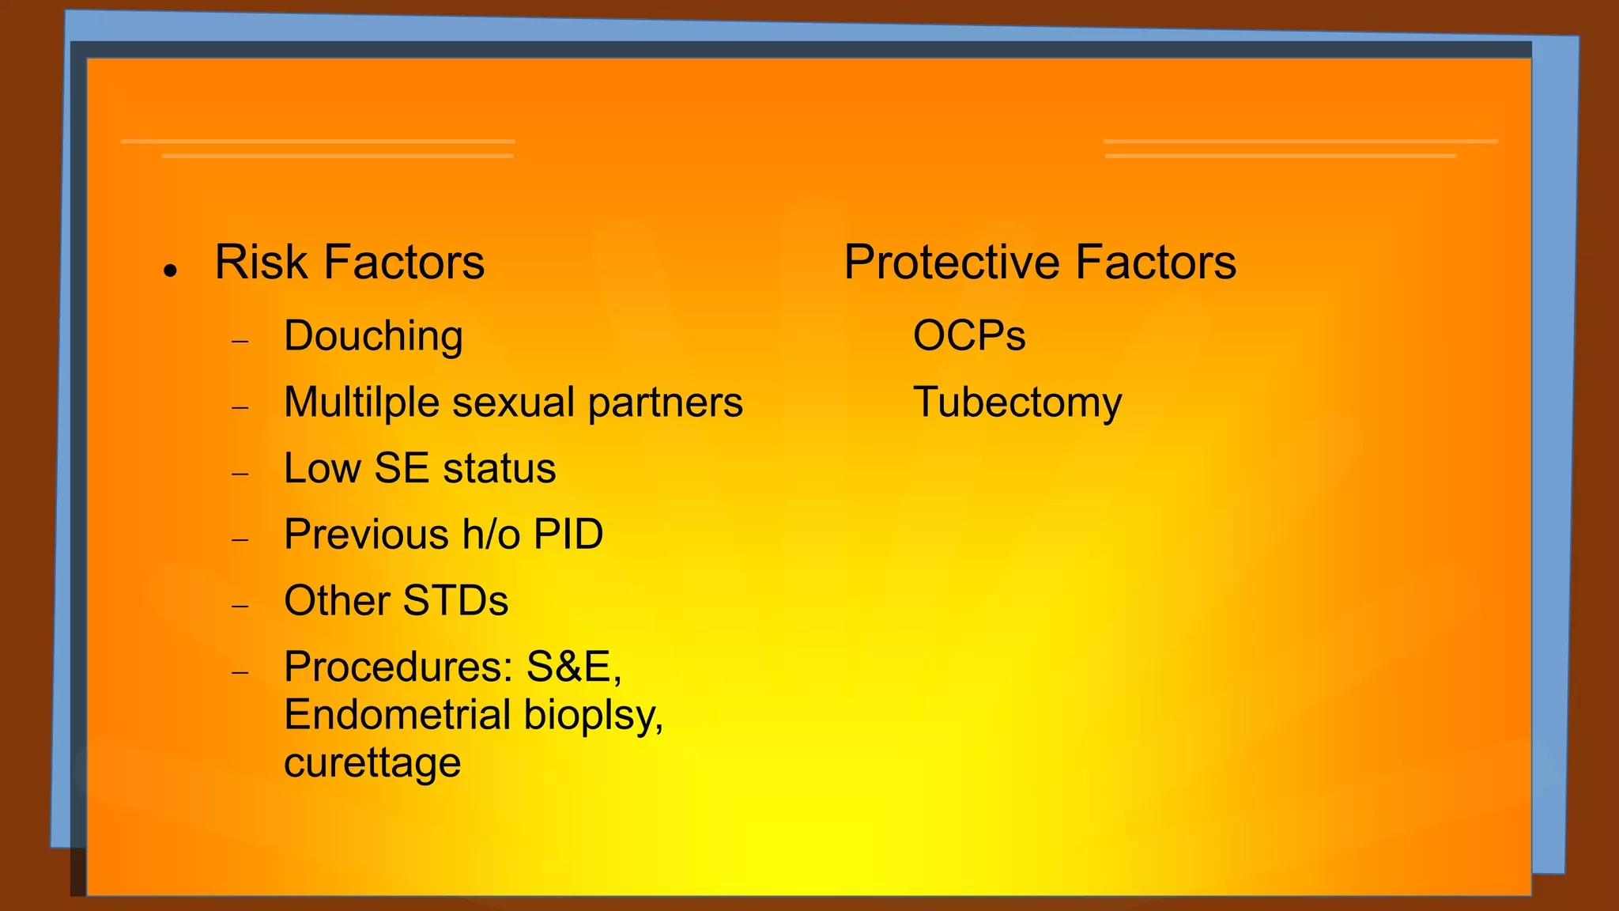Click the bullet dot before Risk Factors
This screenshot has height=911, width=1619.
tap(169, 270)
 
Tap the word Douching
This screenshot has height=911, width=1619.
tap(373, 337)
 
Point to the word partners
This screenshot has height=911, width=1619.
tap(665, 403)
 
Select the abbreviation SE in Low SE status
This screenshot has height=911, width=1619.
tap(402, 468)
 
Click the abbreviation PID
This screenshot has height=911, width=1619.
tap(568, 535)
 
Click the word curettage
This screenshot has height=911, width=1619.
tap(372, 763)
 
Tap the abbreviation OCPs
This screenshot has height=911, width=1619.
tap(969, 337)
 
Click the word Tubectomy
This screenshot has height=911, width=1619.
tap(1017, 403)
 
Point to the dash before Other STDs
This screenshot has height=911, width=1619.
tap(240, 607)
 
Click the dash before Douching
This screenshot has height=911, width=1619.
tap(240, 342)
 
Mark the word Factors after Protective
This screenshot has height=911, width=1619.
tap(1155, 263)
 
